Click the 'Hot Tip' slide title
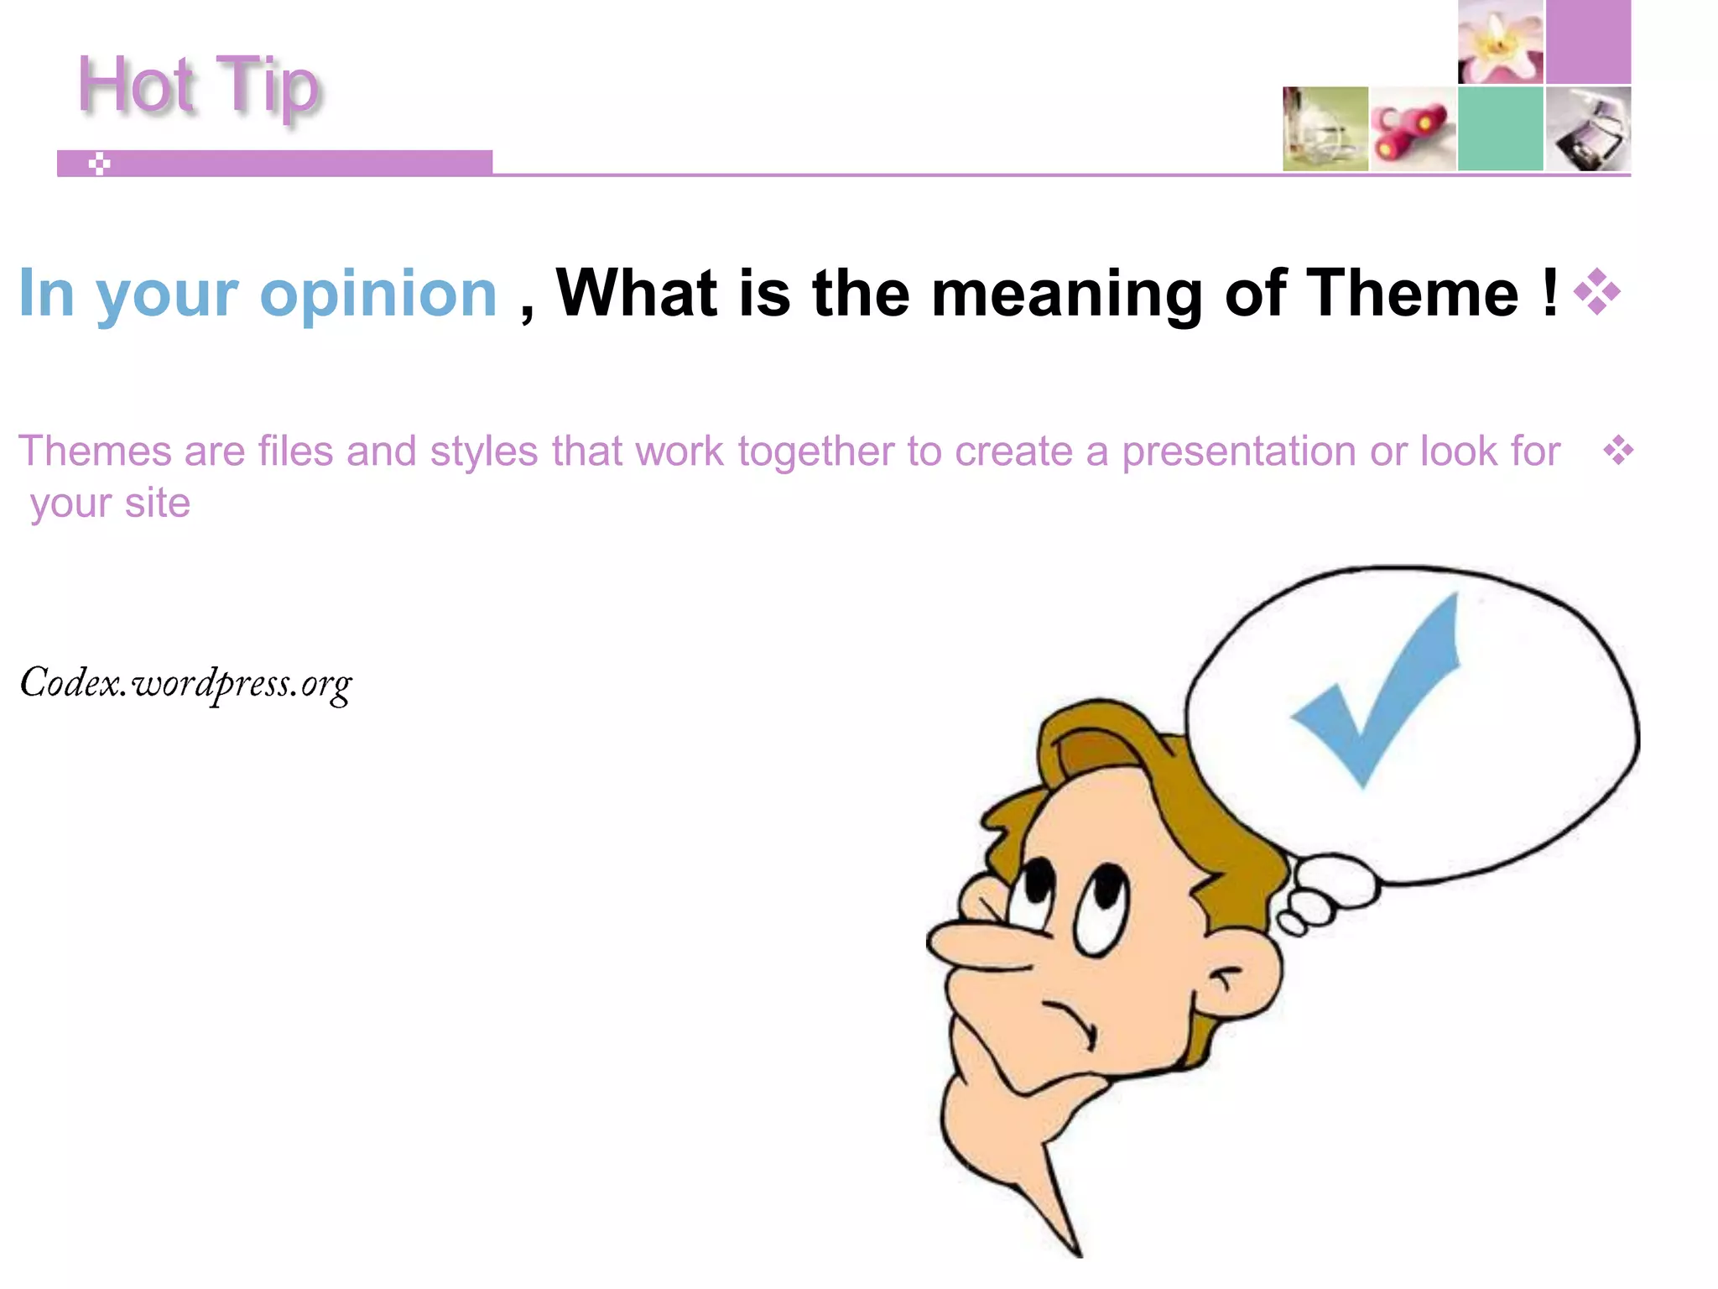point(198,86)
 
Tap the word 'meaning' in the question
point(1067,295)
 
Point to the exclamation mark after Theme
point(1549,291)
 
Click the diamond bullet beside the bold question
point(1596,292)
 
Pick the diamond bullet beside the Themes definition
point(1618,451)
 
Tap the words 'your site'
point(110,504)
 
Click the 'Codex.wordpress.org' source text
point(185,684)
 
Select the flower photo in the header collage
point(1500,42)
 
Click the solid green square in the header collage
point(1500,128)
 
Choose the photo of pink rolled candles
point(1413,128)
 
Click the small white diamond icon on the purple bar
point(100,164)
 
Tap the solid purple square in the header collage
point(1588,42)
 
